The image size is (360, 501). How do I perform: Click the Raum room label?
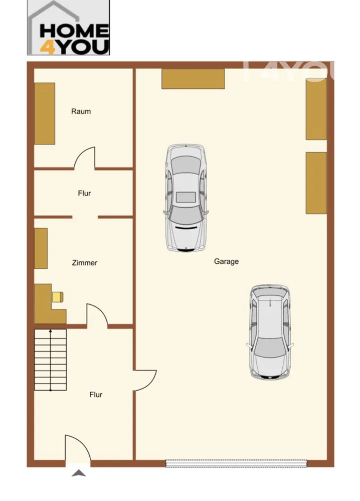tap(81, 111)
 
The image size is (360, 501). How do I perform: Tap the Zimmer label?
tap(85, 263)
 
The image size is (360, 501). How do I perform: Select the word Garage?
tap(226, 261)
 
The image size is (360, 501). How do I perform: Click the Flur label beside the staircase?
tap(96, 395)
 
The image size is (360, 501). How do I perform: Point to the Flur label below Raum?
tap(84, 193)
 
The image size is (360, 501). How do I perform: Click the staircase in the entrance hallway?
tap(51, 360)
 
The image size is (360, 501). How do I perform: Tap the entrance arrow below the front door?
tap(79, 473)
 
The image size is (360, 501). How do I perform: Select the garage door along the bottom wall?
tap(236, 463)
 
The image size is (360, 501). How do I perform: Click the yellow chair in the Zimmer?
tap(58, 297)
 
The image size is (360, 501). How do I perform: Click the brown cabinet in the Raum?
tap(45, 113)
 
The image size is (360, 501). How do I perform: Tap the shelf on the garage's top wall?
tap(193, 79)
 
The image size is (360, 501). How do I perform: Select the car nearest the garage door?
tap(270, 332)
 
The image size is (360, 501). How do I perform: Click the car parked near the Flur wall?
tap(186, 198)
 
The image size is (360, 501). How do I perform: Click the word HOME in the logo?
tap(74, 31)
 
